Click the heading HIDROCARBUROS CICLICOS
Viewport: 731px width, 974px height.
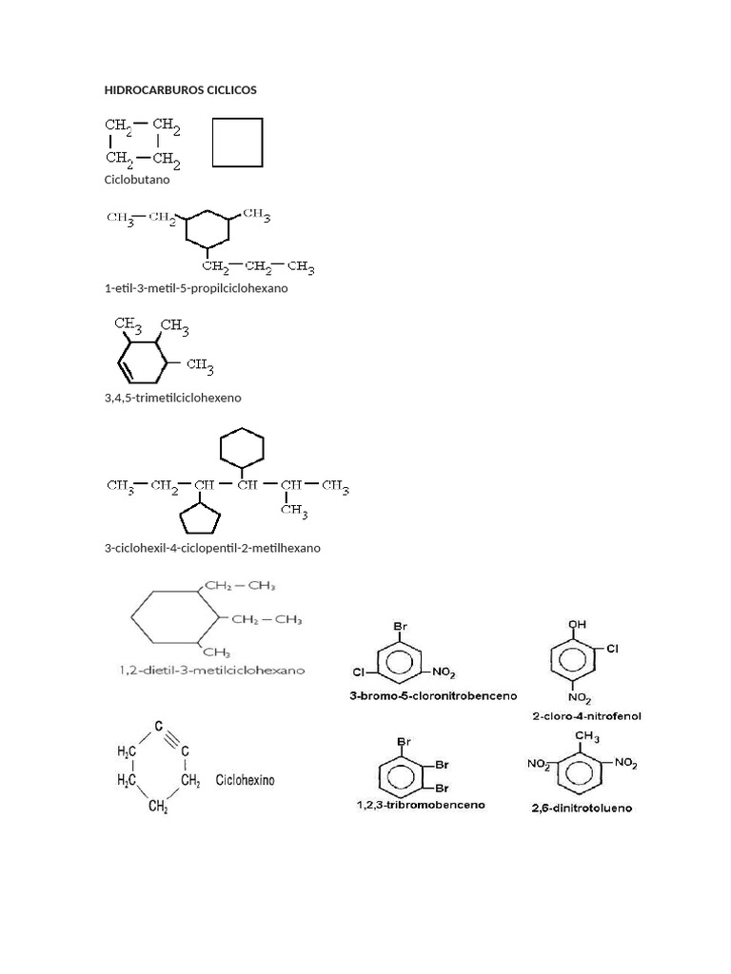coord(180,90)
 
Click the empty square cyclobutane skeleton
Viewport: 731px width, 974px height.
coord(212,143)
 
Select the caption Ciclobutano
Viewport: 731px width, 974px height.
coord(137,180)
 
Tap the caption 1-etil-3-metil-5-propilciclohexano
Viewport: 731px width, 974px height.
coord(196,288)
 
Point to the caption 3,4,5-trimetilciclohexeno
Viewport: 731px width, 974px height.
coord(173,398)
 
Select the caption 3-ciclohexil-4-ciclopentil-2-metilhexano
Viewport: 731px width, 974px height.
coord(212,548)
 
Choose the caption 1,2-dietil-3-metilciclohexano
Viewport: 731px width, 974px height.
coord(212,671)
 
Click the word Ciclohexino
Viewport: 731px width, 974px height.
coord(245,780)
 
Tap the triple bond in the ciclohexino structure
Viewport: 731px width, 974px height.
coord(172,738)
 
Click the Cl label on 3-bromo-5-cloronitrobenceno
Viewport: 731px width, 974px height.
coord(358,672)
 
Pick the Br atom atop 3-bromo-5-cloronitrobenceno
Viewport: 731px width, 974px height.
coord(401,626)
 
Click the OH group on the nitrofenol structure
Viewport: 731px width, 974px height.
coord(578,624)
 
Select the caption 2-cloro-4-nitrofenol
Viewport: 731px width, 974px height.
coord(586,716)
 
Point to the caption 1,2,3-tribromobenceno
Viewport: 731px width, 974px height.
coord(421,805)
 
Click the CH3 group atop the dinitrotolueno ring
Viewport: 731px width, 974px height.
coord(587,737)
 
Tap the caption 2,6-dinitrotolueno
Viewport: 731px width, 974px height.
coord(582,808)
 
